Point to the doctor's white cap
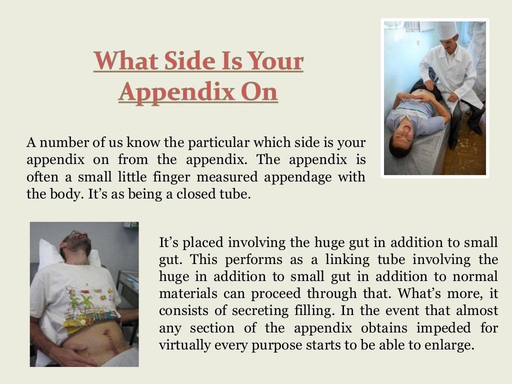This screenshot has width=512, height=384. pos(447,30)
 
